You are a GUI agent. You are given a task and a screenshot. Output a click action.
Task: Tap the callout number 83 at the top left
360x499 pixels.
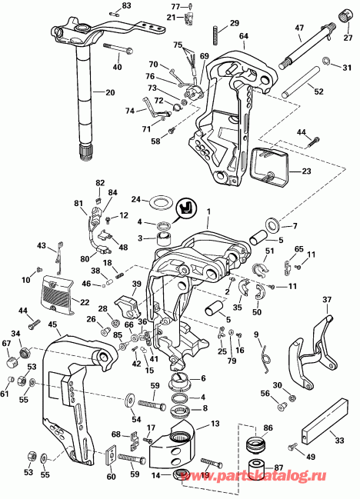coord(127,6)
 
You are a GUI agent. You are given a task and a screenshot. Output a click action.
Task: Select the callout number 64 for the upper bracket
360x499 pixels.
coord(243,36)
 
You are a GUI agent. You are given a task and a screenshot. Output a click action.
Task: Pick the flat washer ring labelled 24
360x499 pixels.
coord(162,202)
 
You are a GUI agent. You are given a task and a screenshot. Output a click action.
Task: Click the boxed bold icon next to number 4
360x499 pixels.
coord(185,208)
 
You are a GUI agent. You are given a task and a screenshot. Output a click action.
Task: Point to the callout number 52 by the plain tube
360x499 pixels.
coord(318,91)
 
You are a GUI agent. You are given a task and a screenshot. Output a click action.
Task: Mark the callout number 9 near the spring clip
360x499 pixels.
coord(257,334)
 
